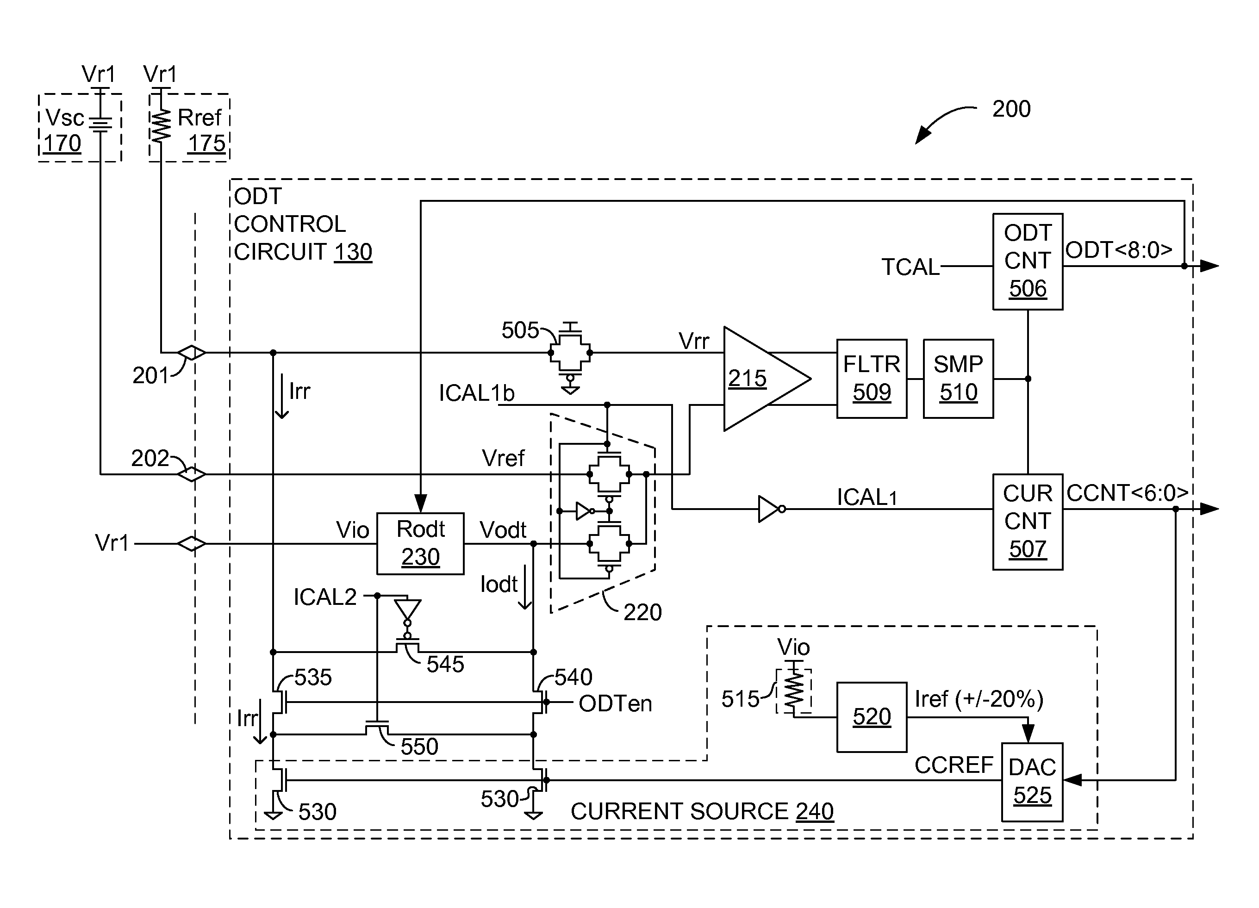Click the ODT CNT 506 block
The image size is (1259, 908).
click(x=1027, y=261)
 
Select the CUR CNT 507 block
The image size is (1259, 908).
click(x=1027, y=522)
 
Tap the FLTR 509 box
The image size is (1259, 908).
click(x=871, y=379)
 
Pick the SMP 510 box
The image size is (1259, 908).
click(x=958, y=379)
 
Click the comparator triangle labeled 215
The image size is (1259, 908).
click(x=760, y=379)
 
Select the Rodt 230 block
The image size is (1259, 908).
click(x=420, y=543)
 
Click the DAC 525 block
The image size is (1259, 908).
click(x=1031, y=782)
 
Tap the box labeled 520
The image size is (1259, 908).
click(x=871, y=716)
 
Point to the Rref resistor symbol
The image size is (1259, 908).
click(x=161, y=126)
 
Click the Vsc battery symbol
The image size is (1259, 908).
click(x=100, y=125)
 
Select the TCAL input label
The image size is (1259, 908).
click(x=910, y=267)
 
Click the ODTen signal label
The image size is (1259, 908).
click(x=615, y=704)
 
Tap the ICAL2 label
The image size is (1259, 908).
click(x=325, y=597)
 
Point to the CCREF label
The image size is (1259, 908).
click(x=953, y=765)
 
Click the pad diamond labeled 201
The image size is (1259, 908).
click(x=192, y=353)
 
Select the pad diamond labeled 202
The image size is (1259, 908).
click(x=192, y=474)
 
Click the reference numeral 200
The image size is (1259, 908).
click(x=1011, y=109)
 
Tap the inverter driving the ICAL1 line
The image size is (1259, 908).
click(x=771, y=509)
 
